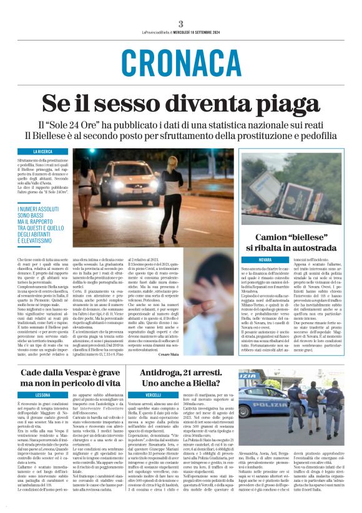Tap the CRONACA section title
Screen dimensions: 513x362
click(181, 62)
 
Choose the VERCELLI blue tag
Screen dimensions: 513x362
click(153, 395)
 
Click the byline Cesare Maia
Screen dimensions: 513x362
click(221, 354)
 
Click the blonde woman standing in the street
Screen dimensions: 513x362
click(171, 193)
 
